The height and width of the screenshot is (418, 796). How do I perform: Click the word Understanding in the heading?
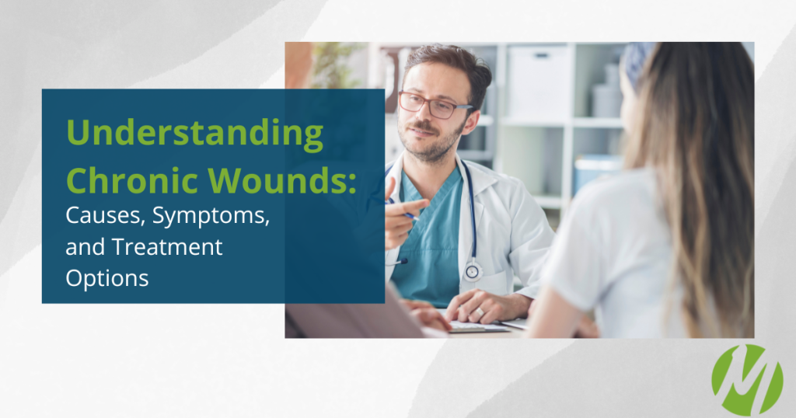pyautogui.click(x=194, y=134)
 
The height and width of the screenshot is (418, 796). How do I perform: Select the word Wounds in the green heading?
pyautogui.click(x=278, y=180)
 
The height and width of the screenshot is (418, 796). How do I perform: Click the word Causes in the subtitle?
pyautogui.click(x=106, y=215)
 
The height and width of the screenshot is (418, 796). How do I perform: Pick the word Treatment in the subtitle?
pyautogui.click(x=167, y=247)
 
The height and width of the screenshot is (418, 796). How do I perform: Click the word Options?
pyautogui.click(x=107, y=279)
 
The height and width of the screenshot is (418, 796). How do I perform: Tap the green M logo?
pyautogui.click(x=747, y=381)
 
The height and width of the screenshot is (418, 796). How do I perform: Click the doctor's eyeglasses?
pyautogui.click(x=435, y=104)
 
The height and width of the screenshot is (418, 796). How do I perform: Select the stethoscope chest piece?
pyautogui.click(x=472, y=271)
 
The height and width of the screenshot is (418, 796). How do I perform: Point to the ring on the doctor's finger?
pyautogui.click(x=479, y=312)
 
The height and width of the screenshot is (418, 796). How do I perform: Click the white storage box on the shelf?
pyautogui.click(x=540, y=81)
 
